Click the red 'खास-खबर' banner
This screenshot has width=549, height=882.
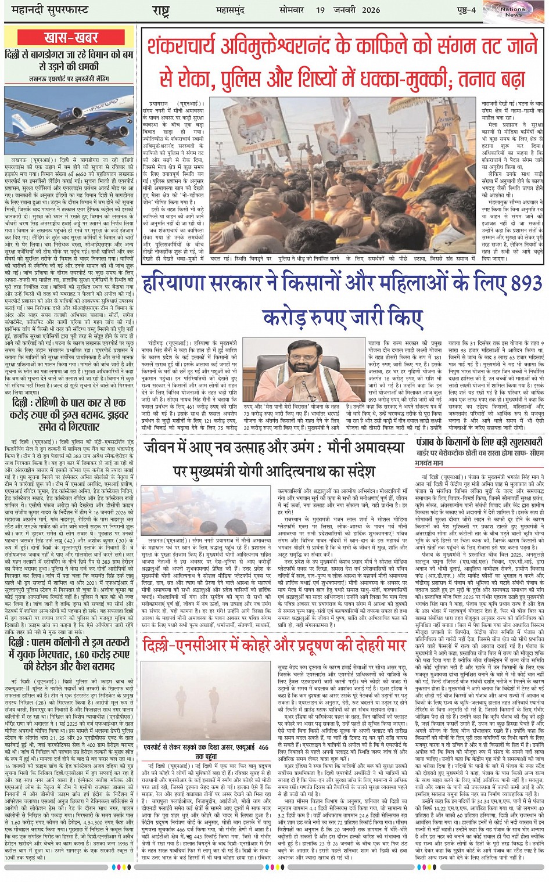click(70, 38)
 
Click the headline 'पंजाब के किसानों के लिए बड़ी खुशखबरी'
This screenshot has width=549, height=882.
click(480, 442)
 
